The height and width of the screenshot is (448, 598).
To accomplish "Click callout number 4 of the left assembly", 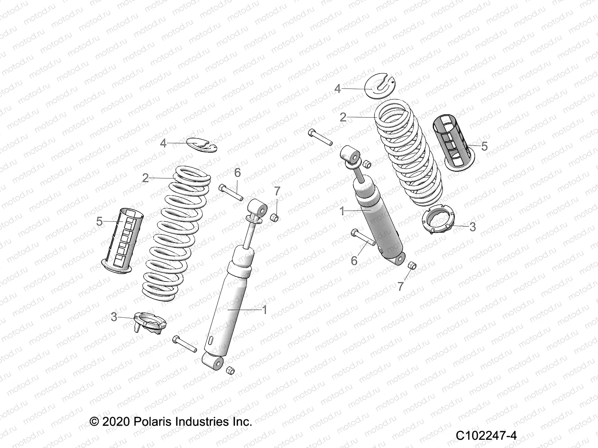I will coord(163,143).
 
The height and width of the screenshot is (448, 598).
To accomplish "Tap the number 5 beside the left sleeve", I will coord(99,221).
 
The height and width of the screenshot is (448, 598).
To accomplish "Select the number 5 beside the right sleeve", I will coord(484,146).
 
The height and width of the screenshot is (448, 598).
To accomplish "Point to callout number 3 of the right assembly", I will coord(472,227).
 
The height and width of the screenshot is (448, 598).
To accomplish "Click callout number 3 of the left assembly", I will coord(114,317).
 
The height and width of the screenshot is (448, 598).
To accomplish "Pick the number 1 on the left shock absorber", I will coord(265,309).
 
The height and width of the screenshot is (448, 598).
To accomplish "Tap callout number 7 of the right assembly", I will coord(401,286).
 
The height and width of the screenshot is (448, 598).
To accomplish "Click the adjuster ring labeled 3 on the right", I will coord(441,222).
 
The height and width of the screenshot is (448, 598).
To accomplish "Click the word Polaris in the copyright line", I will coord(150,422).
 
